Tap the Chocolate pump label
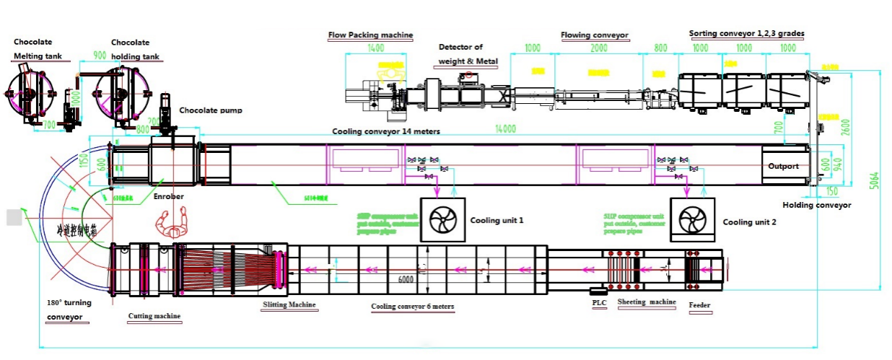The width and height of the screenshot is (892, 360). click(211, 110)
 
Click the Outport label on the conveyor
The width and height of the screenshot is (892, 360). click(783, 166)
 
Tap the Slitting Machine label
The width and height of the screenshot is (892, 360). click(289, 305)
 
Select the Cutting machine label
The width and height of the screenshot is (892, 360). click(154, 316)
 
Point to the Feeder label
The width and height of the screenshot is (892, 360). click(699, 305)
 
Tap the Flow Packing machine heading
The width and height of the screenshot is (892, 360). click(370, 34)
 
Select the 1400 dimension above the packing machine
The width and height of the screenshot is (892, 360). click(375, 48)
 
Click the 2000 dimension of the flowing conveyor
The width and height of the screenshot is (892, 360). click(598, 48)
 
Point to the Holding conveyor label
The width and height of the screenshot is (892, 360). click(817, 205)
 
